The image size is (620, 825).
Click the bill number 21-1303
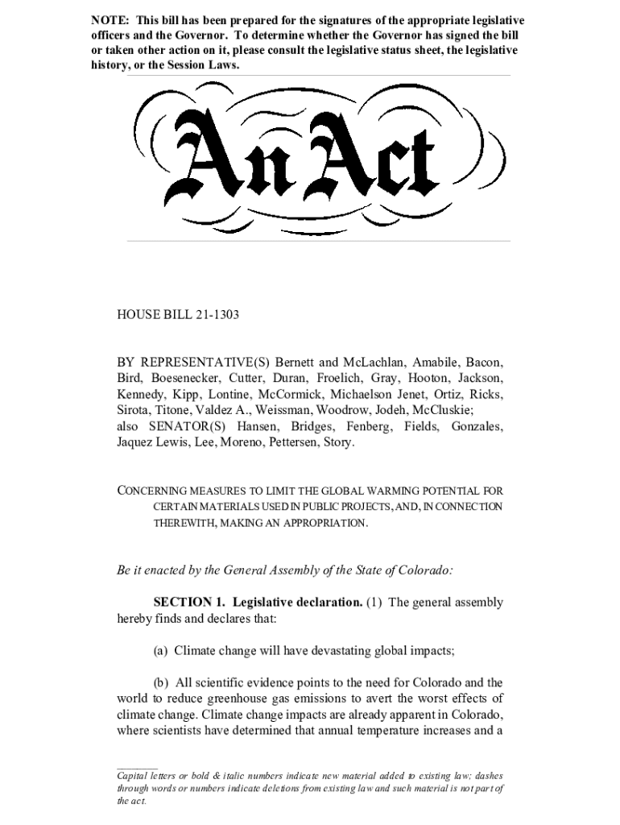click(x=217, y=315)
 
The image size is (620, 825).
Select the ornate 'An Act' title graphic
click(x=310, y=158)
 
